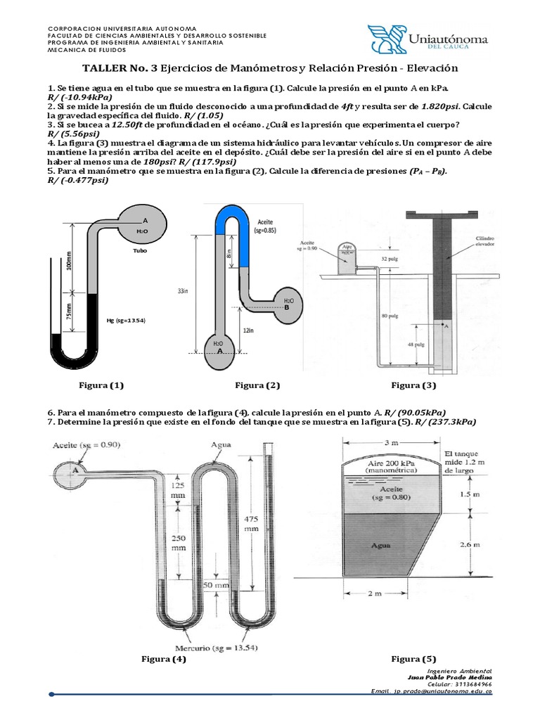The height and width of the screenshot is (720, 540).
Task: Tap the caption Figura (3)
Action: click(413, 385)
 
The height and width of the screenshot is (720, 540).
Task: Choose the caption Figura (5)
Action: click(413, 659)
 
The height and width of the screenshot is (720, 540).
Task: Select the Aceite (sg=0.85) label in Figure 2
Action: click(262, 224)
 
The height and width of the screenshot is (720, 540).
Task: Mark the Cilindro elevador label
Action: click(482, 241)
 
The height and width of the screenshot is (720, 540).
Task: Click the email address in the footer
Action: click(431, 691)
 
